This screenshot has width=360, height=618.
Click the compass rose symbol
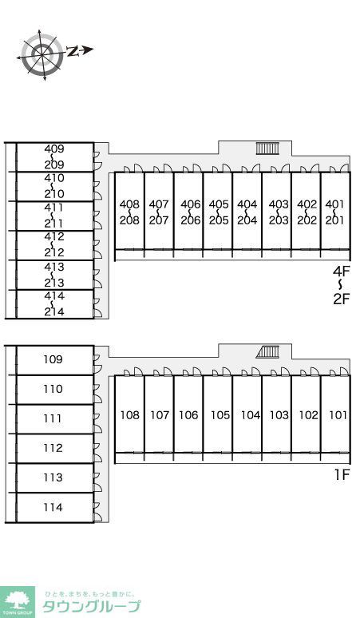42,55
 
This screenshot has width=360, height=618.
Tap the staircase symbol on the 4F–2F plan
267,149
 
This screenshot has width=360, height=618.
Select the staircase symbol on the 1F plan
267,352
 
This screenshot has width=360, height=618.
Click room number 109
53,359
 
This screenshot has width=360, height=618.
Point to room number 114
53,507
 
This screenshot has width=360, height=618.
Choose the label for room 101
338,415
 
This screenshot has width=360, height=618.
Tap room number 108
130,415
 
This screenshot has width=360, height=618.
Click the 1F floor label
342,475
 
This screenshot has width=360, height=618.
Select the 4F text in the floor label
341,271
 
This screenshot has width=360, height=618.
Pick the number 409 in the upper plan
54,149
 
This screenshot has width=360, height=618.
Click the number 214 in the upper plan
54,311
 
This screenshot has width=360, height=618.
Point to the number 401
334,204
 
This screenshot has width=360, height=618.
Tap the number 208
129,220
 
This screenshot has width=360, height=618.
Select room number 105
220,415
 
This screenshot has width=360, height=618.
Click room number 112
53,448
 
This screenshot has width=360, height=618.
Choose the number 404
247,204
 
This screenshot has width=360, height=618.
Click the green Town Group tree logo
18,602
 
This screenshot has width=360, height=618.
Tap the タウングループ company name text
91,606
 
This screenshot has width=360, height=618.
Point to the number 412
54,237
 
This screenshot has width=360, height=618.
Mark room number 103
279,415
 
